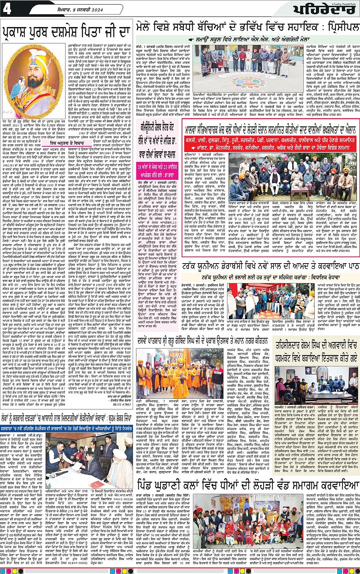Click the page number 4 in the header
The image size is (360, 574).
tap(7, 8)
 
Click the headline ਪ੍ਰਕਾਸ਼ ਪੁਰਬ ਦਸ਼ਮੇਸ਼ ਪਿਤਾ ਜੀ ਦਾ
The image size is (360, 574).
tap(67, 30)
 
